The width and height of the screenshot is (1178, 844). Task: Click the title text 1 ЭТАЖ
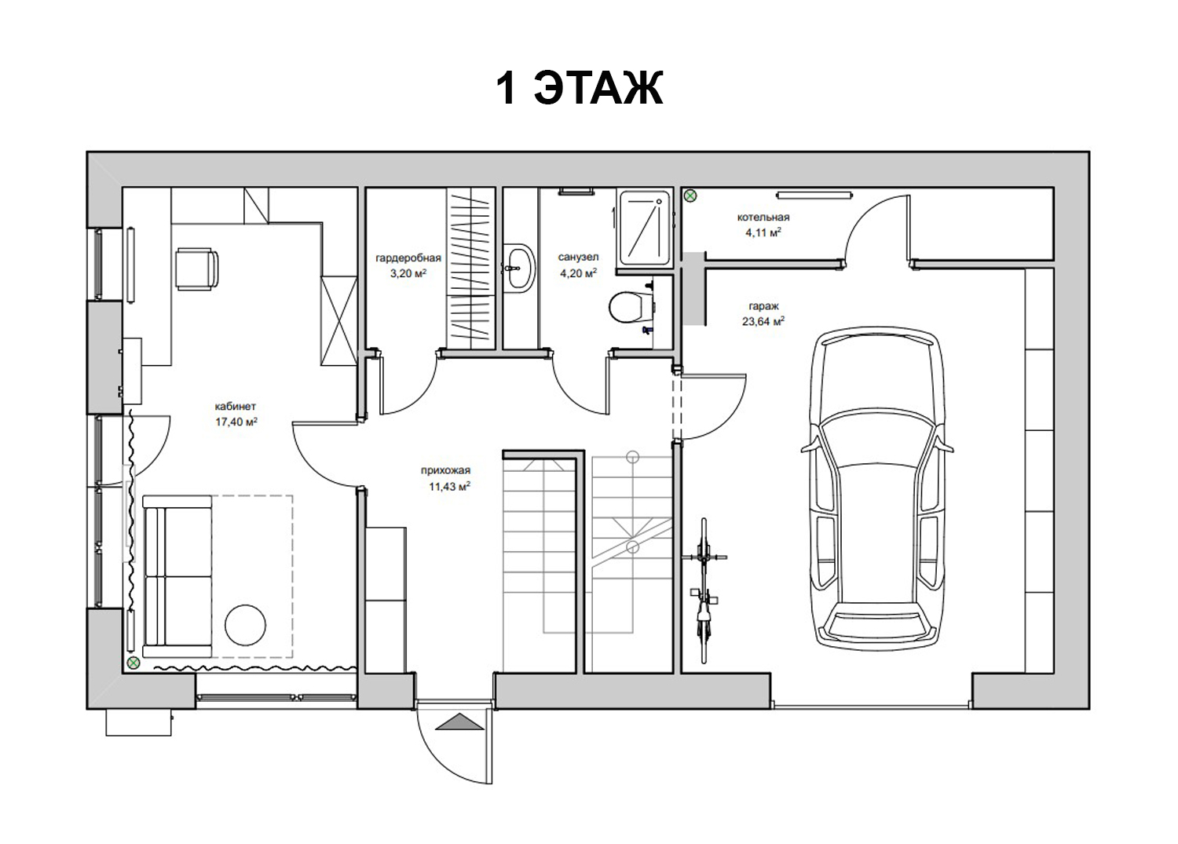pyautogui.click(x=580, y=89)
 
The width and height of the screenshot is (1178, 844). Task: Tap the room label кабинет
pyautogui.click(x=235, y=406)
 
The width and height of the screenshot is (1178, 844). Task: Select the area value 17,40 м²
pyautogui.click(x=236, y=422)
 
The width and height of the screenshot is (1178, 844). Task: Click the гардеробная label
pyautogui.click(x=408, y=258)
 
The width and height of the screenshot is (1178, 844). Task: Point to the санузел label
pyautogui.click(x=578, y=258)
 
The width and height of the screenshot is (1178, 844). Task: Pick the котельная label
pyautogui.click(x=763, y=217)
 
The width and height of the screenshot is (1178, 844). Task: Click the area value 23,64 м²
pyautogui.click(x=763, y=321)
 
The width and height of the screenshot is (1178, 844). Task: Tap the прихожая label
pyautogui.click(x=445, y=470)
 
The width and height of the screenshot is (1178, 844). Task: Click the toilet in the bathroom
pyautogui.click(x=631, y=306)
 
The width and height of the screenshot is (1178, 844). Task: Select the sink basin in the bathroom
pyautogui.click(x=519, y=269)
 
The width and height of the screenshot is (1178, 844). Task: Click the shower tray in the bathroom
pyautogui.click(x=645, y=228)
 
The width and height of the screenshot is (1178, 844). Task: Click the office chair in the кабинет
pyautogui.click(x=196, y=269)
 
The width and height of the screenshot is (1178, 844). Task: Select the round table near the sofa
pyautogui.click(x=245, y=625)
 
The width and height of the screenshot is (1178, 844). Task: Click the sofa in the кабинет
pyautogui.click(x=177, y=575)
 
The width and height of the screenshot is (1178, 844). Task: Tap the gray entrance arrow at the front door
pyautogui.click(x=459, y=722)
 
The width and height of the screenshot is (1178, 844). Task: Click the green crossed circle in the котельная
pyautogui.click(x=690, y=196)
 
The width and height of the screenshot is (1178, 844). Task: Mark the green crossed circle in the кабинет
pyautogui.click(x=134, y=663)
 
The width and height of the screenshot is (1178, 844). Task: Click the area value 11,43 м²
pyautogui.click(x=449, y=487)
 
